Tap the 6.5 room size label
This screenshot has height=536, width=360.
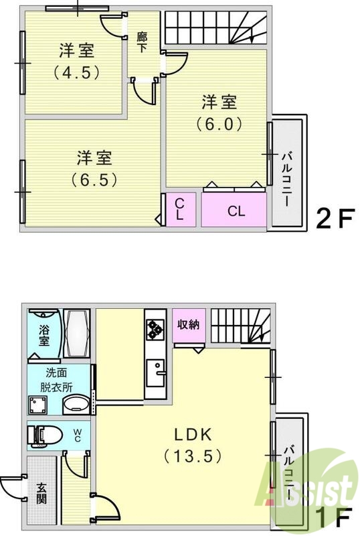(94, 179)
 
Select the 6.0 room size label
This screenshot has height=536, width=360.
(218, 124)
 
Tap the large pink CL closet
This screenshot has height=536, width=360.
(236, 210)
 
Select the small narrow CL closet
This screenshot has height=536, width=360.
(181, 210)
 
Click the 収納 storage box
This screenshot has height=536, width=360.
(188, 326)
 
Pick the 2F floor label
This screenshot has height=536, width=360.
(334, 218)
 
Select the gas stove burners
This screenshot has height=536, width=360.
(155, 328)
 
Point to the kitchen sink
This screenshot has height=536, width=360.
(155, 371)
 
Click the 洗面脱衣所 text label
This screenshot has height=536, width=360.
(59, 381)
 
